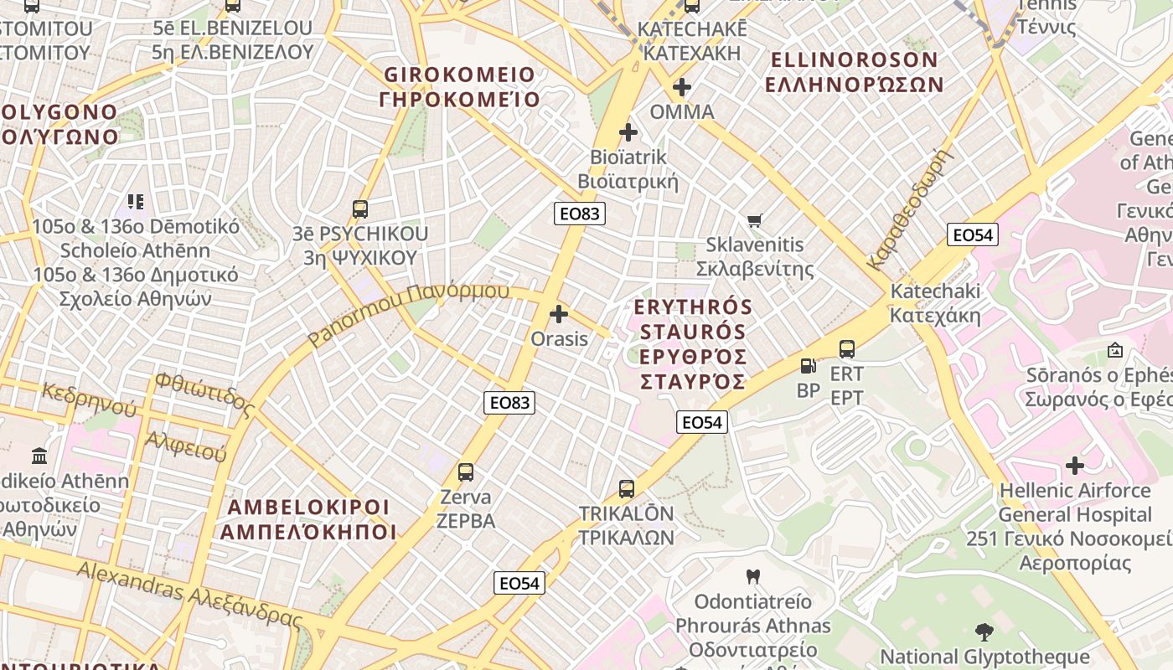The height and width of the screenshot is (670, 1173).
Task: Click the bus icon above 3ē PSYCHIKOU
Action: (360, 209)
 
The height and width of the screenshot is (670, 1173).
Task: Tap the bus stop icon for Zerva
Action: (466, 472)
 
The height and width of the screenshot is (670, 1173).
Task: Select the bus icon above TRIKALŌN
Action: (627, 489)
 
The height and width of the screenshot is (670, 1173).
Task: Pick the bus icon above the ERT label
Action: (847, 349)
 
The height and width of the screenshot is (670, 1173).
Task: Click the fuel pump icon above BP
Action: (808, 366)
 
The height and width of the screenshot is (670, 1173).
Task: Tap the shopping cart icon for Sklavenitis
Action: (754, 220)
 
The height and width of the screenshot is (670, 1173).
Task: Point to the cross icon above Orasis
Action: (559, 315)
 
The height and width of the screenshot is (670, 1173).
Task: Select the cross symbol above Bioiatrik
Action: (628, 132)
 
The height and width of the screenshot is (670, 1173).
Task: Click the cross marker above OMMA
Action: (682, 87)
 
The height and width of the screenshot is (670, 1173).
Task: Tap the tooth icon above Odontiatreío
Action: (752, 577)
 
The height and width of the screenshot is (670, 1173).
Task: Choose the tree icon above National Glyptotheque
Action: (984, 632)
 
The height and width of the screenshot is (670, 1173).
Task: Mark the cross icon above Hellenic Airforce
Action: (1075, 466)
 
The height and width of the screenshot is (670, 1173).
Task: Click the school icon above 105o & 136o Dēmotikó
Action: (136, 202)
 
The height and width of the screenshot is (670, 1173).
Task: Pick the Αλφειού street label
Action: (186, 446)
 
